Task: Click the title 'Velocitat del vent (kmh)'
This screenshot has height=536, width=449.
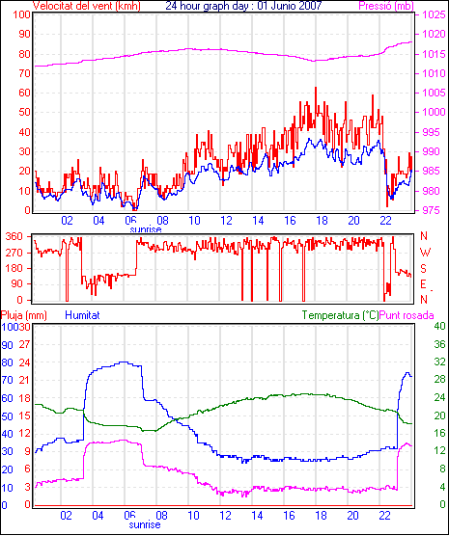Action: [87, 6]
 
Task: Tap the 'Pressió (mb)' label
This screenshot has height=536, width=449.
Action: [386, 6]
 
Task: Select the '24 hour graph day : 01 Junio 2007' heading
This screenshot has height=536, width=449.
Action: [243, 6]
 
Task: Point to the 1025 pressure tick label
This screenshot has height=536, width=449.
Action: [435, 14]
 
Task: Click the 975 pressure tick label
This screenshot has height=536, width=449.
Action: [432, 210]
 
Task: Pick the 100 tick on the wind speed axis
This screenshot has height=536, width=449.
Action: [22, 14]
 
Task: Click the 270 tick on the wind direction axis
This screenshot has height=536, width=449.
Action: [14, 253]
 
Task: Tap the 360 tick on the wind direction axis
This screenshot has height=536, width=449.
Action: [14, 236]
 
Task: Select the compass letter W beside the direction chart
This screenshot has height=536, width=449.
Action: [425, 253]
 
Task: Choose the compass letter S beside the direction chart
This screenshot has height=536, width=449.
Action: [423, 269]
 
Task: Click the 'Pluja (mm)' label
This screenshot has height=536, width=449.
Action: [23, 315]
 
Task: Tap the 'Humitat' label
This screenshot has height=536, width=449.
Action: [82, 315]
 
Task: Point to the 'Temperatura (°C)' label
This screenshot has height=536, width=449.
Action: [341, 315]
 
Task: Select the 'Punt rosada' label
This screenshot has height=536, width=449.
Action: [407, 315]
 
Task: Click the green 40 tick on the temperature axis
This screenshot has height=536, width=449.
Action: [439, 327]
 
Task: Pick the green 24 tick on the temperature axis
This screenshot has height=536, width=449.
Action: [439, 397]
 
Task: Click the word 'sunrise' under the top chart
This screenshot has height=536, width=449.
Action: [146, 229]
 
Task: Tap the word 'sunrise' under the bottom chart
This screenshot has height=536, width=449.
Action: [145, 524]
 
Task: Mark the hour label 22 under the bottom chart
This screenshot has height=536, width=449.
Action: [385, 515]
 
